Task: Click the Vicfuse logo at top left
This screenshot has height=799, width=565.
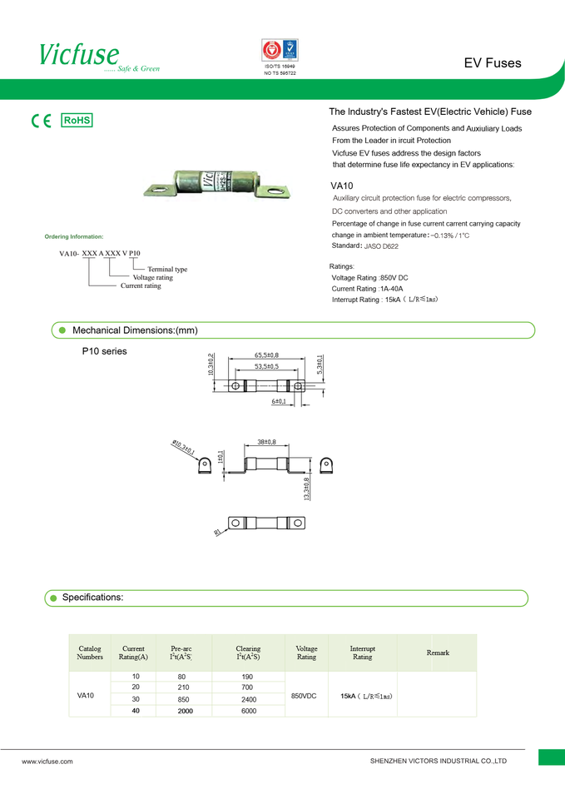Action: pos(80,55)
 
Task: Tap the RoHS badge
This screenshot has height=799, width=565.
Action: pos(77,121)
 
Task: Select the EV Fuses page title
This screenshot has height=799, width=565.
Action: pos(493,63)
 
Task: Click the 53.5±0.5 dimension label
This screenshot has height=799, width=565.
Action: pos(266,366)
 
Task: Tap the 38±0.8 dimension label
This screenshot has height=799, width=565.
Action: pos(266,441)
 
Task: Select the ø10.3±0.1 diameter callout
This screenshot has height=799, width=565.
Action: pos(183,448)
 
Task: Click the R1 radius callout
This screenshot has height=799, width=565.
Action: pos(218,533)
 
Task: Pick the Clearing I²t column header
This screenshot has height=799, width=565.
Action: pos(248,653)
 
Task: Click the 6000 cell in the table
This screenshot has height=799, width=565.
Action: pos(248,711)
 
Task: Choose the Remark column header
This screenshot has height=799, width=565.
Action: pos(438,653)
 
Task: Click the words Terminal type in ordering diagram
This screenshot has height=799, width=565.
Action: pos(167,270)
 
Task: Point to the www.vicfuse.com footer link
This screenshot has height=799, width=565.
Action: pos(47,761)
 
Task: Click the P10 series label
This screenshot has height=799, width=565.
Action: pos(105,352)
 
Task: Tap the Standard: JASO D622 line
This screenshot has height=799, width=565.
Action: pos(365,246)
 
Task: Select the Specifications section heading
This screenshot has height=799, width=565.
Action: pos(92,598)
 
